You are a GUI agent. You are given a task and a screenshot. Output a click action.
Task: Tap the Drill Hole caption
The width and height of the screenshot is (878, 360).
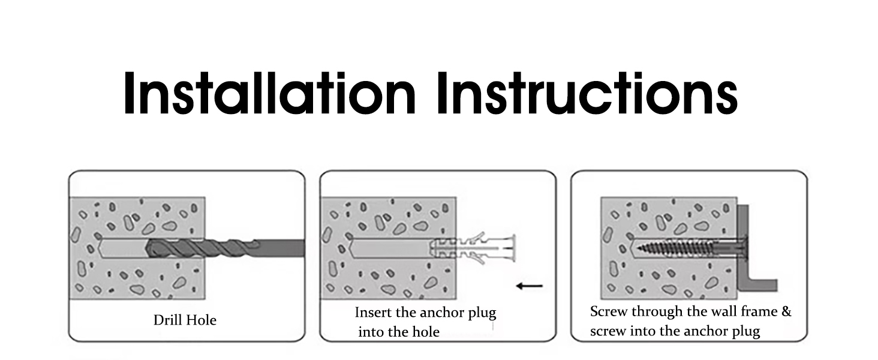185,320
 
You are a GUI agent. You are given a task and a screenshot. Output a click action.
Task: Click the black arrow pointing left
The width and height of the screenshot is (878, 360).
530,286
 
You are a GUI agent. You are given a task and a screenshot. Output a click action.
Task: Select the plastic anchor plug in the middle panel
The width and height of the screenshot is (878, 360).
473,247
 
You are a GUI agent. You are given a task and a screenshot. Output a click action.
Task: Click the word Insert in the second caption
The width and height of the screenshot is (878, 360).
372,313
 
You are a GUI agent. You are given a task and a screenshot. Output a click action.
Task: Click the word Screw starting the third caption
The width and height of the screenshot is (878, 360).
607,312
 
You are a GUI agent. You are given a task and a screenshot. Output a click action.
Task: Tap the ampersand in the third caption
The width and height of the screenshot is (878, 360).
786,312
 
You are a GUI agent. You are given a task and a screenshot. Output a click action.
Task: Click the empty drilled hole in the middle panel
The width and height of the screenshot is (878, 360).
390,247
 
